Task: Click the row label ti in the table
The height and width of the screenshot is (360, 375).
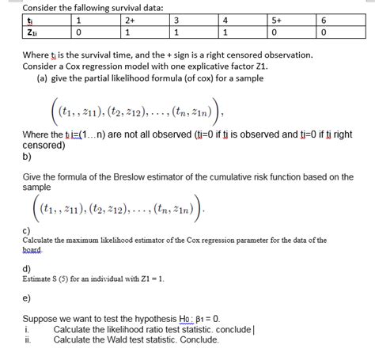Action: (x=28, y=21)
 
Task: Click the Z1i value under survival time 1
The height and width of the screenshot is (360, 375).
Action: (x=78, y=32)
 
